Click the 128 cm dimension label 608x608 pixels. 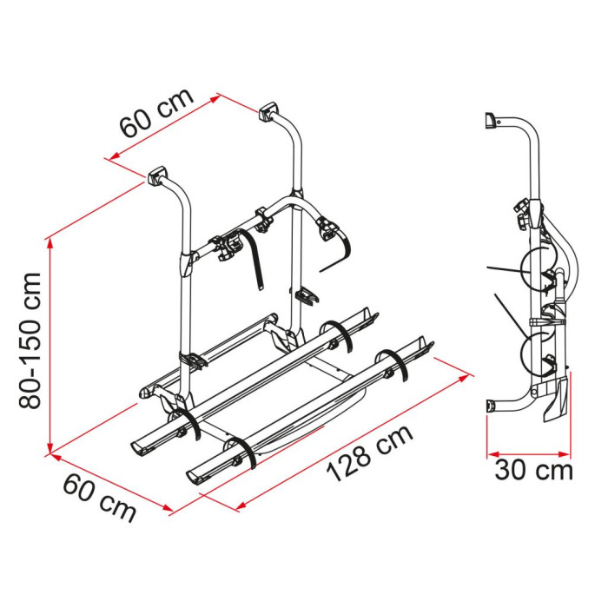(369, 453)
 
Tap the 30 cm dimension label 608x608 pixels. (533, 471)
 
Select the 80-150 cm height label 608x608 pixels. (30, 340)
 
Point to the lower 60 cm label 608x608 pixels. (100, 498)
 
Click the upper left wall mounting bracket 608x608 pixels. (155, 175)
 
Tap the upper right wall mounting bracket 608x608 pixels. (268, 112)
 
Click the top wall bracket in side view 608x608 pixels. (492, 120)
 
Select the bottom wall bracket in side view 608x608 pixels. (491, 407)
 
